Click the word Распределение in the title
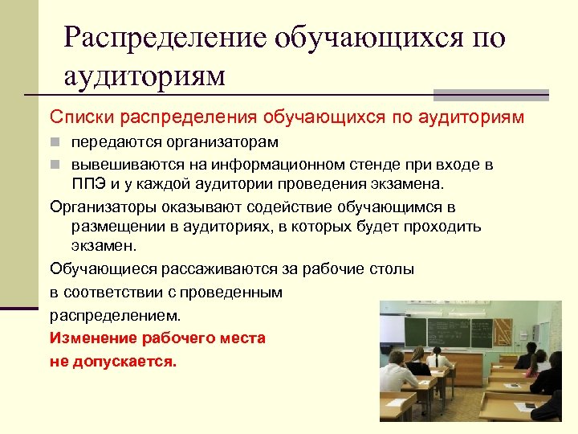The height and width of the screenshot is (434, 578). coord(165,38)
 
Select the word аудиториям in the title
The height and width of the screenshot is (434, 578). coord(144,76)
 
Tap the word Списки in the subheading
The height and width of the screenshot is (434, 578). coord(82,117)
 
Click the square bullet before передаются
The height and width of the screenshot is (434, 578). coord(55,143)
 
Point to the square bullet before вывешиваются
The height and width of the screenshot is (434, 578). coord(55,165)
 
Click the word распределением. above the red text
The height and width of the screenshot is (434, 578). coord(116,313)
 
